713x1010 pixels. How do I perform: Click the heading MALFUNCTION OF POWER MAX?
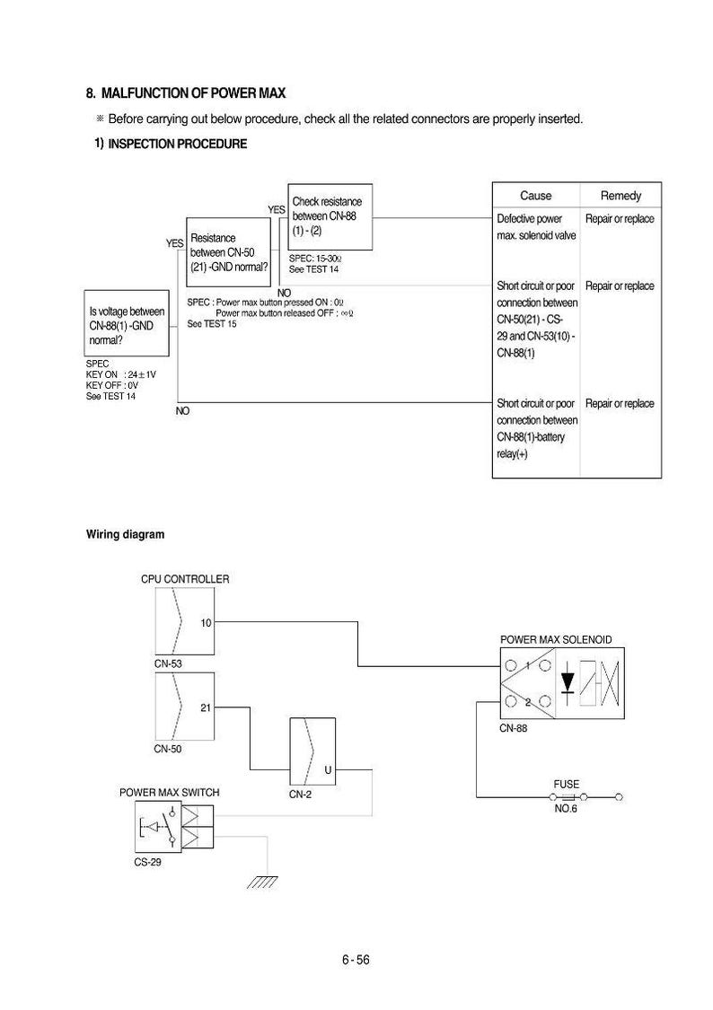[x=193, y=93]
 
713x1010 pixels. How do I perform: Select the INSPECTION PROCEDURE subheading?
[x=177, y=144]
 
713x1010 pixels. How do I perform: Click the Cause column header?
[x=536, y=195]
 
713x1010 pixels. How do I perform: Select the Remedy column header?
[x=621, y=195]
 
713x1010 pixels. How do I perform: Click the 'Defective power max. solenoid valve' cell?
[x=536, y=227]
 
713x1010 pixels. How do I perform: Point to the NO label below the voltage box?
[x=182, y=411]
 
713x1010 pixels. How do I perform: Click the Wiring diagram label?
[x=125, y=534]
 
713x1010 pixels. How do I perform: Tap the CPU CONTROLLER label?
[x=185, y=579]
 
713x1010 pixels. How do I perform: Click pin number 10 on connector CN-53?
[x=206, y=623]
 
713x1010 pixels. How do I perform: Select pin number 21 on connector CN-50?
[x=206, y=708]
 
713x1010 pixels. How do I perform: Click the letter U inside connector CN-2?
[x=328, y=769]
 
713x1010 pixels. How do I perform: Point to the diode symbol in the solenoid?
[x=568, y=683]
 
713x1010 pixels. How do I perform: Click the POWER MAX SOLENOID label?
[x=556, y=639]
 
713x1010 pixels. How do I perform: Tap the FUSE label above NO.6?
[x=566, y=784]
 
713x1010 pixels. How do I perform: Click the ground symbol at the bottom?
[x=263, y=882]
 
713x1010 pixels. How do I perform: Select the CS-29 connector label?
[x=147, y=862]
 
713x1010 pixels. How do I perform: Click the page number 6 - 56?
[x=356, y=960]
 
